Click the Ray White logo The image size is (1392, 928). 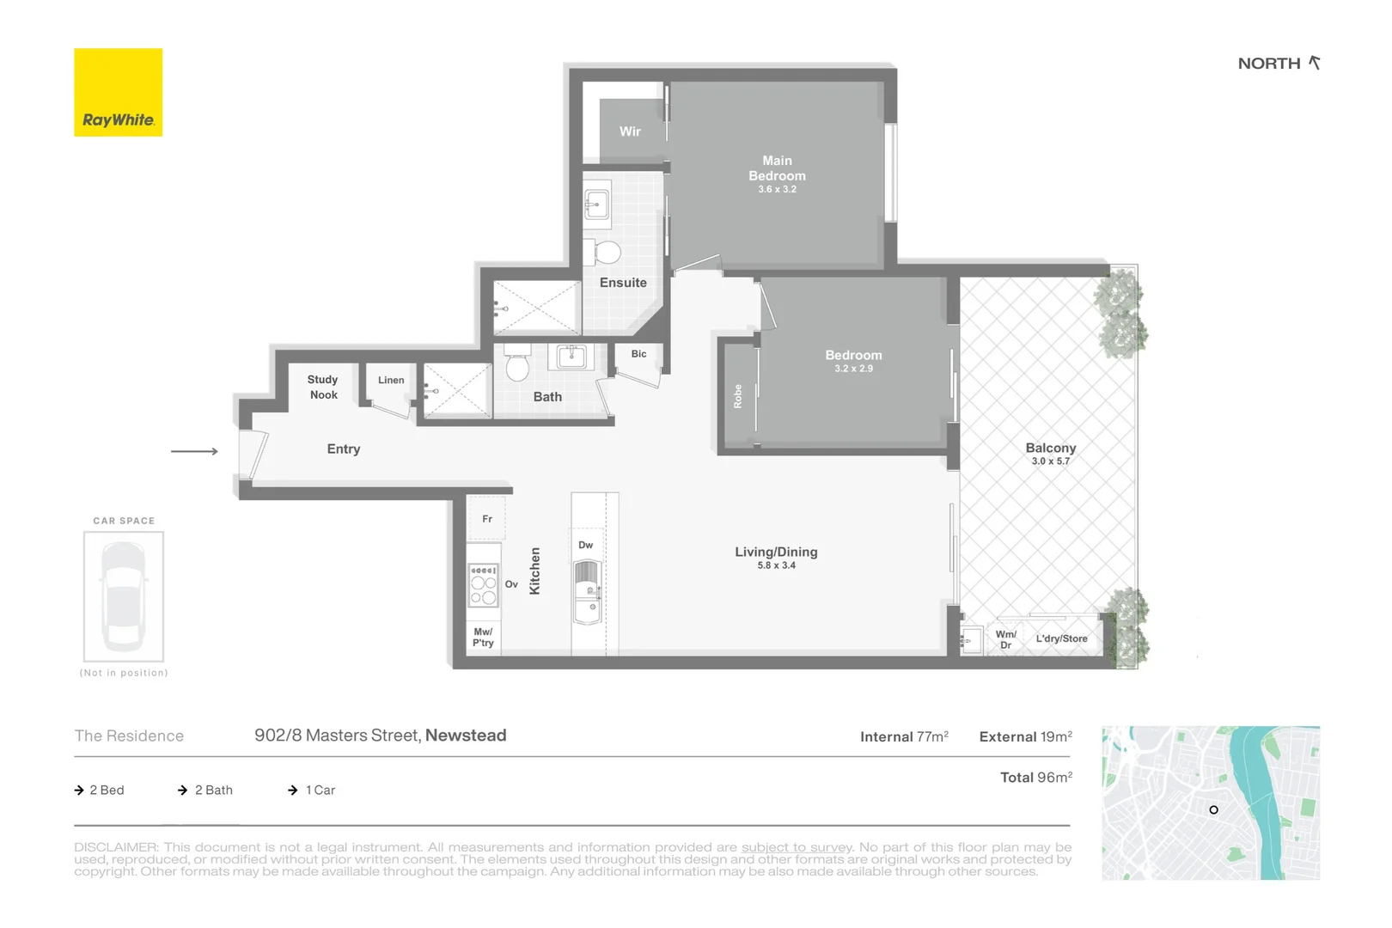coord(118,93)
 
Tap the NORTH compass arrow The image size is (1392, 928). coord(1315,63)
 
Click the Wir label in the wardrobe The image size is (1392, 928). coord(630,131)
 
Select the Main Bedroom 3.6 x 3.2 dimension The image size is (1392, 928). coord(777,189)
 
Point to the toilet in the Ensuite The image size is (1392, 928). coord(607,253)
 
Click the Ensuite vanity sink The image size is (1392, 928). coord(596,205)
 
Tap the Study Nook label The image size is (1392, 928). coord(323,387)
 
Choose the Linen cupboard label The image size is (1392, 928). coord(391,380)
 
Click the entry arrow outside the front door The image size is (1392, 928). coord(194,451)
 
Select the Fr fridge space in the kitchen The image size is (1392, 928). coord(486,519)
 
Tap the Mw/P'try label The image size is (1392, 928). coord(483,637)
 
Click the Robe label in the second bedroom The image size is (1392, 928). coord(737,396)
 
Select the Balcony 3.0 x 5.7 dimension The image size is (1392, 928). coord(1050,461)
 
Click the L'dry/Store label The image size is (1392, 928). coord(1061,638)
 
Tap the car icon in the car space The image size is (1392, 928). coord(124,595)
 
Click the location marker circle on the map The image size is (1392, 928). coord(1213,809)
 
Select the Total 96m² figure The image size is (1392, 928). coord(1035,777)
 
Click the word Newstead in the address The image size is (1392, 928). coord(466,736)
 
